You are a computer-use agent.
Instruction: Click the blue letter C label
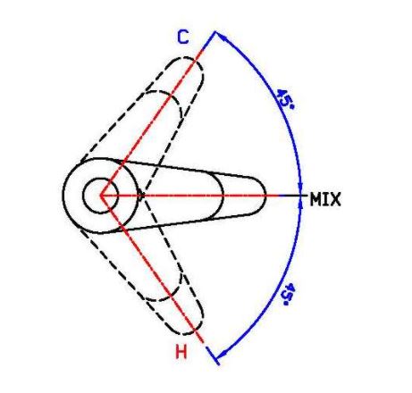(x=183, y=38)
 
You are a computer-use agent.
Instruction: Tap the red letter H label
(x=181, y=352)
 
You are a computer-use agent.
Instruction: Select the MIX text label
(x=325, y=199)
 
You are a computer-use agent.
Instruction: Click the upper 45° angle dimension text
(x=285, y=98)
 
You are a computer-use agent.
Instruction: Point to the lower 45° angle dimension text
(x=288, y=295)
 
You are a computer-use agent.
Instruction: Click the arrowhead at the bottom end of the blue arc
(x=222, y=354)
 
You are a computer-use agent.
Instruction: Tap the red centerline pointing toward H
(x=152, y=269)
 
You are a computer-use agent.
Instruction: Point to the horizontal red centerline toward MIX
(x=189, y=196)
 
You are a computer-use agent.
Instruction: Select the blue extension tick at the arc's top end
(x=209, y=40)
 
